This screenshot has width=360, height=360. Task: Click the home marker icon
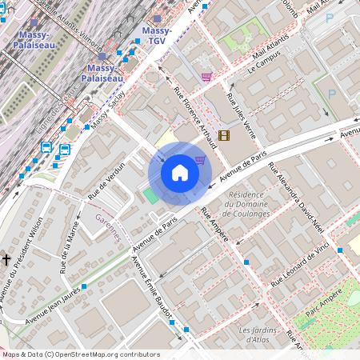click(x=180, y=173)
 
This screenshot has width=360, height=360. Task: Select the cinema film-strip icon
click(x=223, y=135)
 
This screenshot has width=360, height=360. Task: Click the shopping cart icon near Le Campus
click(x=207, y=77)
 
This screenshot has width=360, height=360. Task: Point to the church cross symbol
click(x=6, y=260)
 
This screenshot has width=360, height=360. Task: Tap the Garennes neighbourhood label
click(x=107, y=227)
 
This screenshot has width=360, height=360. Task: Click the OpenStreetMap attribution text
click(x=80, y=354)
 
